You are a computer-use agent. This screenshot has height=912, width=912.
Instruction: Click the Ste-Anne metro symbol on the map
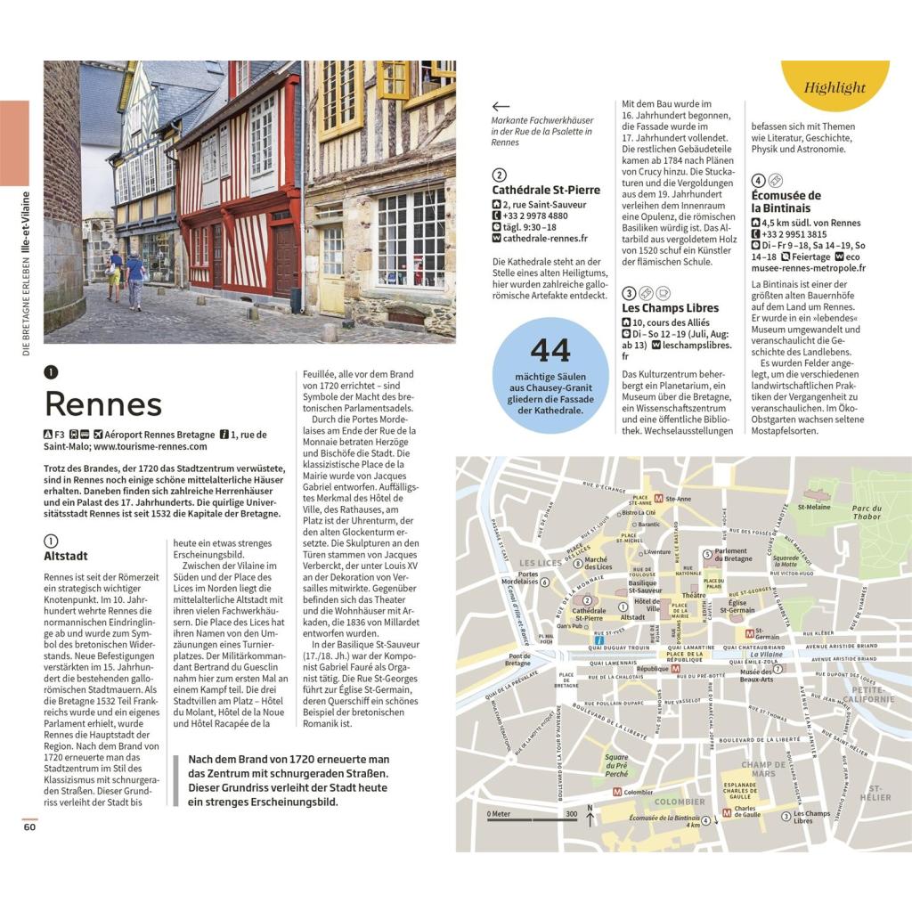click(x=658, y=500)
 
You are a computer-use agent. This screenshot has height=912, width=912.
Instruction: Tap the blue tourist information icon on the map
click(x=600, y=639)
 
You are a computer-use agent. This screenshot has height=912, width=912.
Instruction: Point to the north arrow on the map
click(x=589, y=816)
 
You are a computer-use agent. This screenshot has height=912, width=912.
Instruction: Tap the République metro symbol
click(x=675, y=668)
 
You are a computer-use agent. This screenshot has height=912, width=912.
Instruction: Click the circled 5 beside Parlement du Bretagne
click(x=707, y=552)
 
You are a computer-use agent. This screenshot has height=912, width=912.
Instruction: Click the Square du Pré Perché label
click(x=616, y=765)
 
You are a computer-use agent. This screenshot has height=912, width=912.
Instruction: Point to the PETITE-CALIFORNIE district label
click(x=872, y=695)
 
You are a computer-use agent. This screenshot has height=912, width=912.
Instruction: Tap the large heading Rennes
click(x=103, y=403)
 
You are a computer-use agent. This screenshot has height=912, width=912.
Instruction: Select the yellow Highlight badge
click(x=835, y=87)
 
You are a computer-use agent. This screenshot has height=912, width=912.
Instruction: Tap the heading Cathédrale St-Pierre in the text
click(x=546, y=190)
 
